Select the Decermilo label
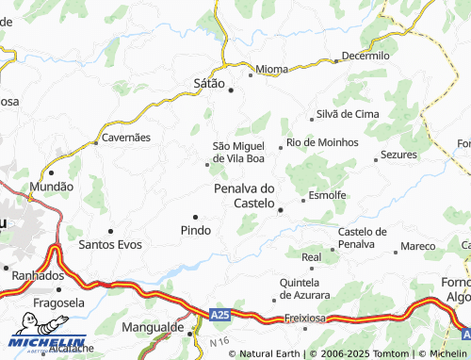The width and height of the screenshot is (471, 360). click(x=365, y=56)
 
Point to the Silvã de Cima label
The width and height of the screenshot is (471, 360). click(x=348, y=113)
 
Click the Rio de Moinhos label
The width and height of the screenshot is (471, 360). click(x=323, y=142)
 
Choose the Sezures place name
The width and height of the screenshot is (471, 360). click(x=398, y=155)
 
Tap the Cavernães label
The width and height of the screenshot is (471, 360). click(x=126, y=137)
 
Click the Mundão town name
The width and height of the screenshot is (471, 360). click(x=52, y=187)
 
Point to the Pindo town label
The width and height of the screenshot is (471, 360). click(x=195, y=230)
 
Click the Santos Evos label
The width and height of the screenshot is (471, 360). click(x=110, y=244)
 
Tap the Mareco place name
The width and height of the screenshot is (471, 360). click(x=417, y=247)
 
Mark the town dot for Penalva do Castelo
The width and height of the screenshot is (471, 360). click(x=280, y=210)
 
